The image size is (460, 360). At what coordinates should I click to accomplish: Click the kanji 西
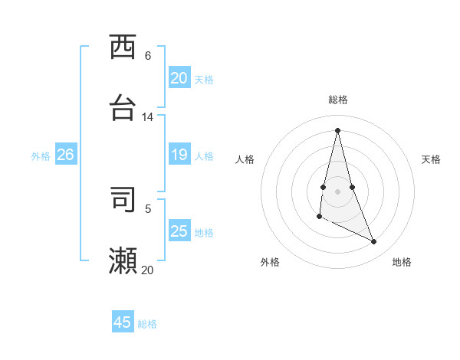[x=123, y=47]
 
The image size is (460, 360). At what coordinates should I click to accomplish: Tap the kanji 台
[x=123, y=108]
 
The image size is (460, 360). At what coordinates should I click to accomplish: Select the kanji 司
[x=123, y=199]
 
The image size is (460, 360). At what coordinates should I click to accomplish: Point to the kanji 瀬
[x=123, y=261]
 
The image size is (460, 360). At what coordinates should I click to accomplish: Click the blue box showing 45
[x=123, y=322]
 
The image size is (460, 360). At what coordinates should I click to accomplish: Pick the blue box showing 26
[x=65, y=155]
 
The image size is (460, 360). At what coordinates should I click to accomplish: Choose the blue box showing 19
[x=179, y=155]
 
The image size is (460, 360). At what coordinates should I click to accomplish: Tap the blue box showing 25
[x=179, y=231]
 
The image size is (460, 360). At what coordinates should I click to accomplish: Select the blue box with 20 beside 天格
[x=179, y=78]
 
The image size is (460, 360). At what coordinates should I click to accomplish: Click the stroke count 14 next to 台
[x=148, y=117]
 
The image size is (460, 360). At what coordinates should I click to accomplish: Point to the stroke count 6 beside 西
[x=148, y=56]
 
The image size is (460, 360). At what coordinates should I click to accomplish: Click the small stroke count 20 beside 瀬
[x=147, y=270]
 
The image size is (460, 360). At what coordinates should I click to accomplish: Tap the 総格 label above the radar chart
[x=338, y=100]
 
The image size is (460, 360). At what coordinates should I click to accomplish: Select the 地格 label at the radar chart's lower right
[x=402, y=263]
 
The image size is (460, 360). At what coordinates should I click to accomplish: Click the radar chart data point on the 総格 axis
[x=337, y=129]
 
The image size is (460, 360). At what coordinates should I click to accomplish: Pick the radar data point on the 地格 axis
[x=374, y=241]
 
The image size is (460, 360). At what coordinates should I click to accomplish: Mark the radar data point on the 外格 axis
[x=319, y=218]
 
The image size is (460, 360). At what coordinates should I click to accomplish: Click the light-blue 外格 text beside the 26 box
[x=41, y=156]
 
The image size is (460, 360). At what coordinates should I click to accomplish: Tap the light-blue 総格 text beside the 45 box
[x=147, y=324]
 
